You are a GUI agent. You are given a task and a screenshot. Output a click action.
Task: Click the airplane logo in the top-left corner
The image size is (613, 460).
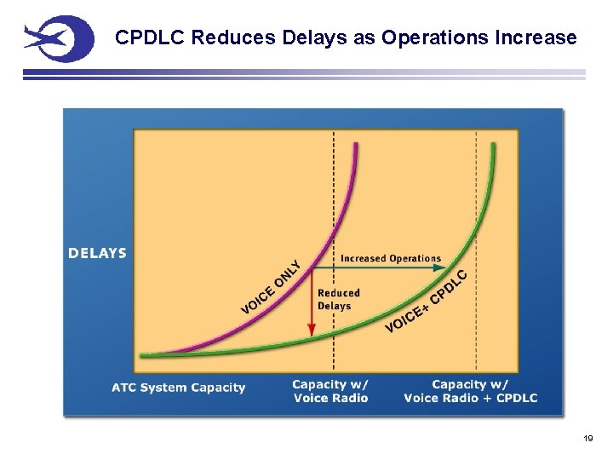point(58,39)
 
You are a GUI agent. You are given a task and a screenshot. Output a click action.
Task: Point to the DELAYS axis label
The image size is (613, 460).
point(97,253)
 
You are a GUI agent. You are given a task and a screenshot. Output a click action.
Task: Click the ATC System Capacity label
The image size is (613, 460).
point(178,388)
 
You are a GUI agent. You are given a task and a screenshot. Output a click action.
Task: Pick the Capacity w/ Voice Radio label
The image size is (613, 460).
point(330,391)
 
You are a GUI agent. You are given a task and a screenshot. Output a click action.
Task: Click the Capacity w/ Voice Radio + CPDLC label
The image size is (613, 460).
point(470,391)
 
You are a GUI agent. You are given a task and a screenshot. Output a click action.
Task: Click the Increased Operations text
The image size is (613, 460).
point(391,258)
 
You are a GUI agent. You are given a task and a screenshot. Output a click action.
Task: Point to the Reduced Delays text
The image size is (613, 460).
point(338,299)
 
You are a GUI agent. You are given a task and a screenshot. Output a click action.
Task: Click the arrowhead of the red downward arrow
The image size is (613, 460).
point(312,329)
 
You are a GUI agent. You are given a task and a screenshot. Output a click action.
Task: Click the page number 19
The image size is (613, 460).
point(587,438)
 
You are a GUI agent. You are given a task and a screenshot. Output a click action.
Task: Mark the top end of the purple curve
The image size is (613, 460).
point(356,145)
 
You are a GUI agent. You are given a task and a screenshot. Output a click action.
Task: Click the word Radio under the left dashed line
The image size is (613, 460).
point(348,398)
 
